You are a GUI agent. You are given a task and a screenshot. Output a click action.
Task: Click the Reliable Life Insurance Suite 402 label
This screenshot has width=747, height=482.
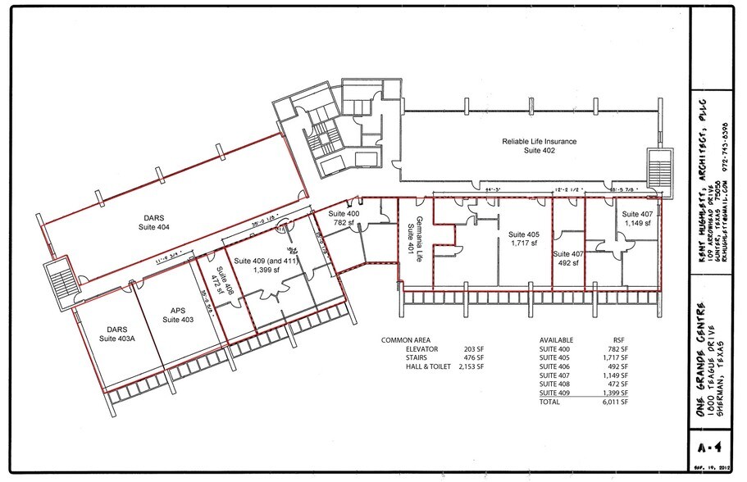click(539, 147)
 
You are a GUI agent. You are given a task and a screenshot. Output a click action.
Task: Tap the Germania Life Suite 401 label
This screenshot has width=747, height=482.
click(414, 232)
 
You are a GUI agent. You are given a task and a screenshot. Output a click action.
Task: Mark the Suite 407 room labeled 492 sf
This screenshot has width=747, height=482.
click(567, 258)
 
